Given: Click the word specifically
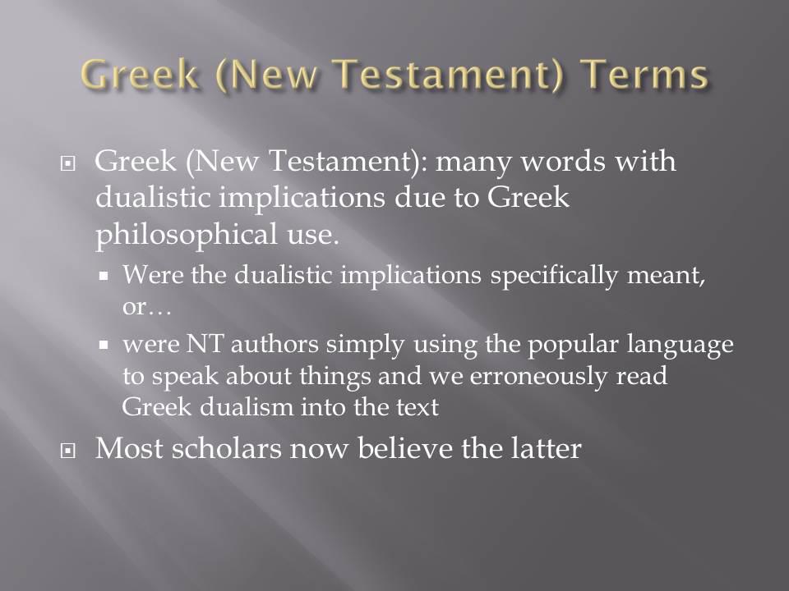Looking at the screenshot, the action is point(553,276).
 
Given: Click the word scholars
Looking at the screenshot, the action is point(226,448).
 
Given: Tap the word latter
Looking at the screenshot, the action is point(547,448).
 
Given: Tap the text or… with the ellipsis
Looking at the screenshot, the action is point(146,306).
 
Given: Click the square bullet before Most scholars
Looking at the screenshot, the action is point(68,451).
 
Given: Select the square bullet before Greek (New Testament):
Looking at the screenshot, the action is point(68,163).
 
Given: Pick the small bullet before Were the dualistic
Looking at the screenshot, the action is point(104,276).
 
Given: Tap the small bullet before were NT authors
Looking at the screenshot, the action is point(104,346).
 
